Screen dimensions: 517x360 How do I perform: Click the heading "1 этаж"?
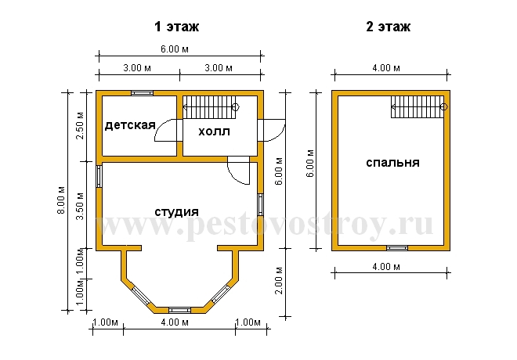(177, 27)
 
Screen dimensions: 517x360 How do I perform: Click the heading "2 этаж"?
(388, 27)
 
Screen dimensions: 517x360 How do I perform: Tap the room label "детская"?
(130, 125)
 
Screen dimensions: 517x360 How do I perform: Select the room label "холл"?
(214, 131)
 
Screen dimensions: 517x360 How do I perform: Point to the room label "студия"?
(177, 212)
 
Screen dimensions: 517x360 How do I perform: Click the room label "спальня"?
(392, 163)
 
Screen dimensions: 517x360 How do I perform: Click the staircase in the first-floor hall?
(211, 107)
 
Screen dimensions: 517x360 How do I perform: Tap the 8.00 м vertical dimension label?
(61, 200)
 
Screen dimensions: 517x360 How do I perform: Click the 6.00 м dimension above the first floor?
(175, 49)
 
